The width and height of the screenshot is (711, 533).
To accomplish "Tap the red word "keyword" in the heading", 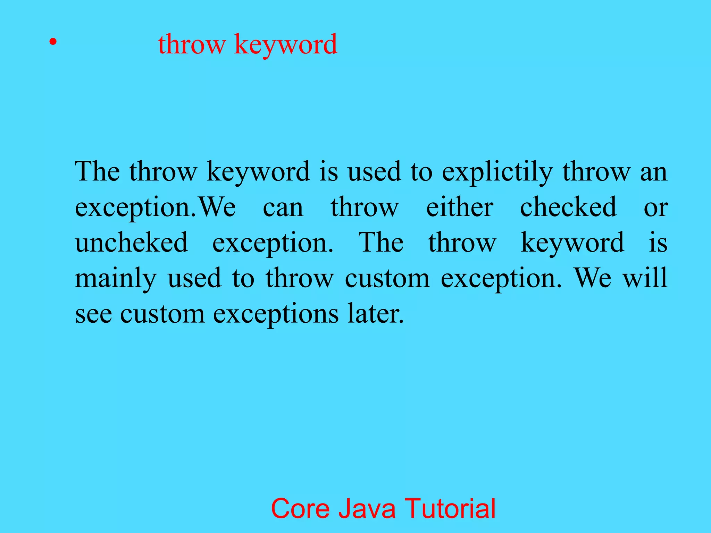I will click(x=286, y=45).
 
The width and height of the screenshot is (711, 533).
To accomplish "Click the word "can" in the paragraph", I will click(x=283, y=208).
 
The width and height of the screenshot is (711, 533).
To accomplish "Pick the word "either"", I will click(x=460, y=208).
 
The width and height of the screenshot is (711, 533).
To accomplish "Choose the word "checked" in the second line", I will click(x=568, y=208).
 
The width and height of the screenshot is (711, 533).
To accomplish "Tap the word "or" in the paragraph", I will click(x=655, y=208).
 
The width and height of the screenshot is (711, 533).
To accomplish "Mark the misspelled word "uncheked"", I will click(x=132, y=243).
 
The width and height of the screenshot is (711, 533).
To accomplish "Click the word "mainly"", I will click(x=116, y=279).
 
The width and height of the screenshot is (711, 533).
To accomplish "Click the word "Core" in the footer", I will click(x=300, y=508).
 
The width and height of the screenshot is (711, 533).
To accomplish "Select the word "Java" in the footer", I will click(x=367, y=508).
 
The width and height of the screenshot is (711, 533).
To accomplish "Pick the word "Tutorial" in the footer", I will click(x=450, y=508).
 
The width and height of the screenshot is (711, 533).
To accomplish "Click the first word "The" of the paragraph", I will click(x=97, y=172).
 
